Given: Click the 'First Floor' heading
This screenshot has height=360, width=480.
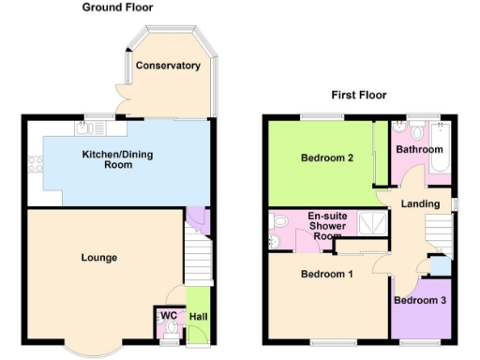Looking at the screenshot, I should [x=359, y=95].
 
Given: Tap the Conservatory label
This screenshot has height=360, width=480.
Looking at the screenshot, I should [x=168, y=66].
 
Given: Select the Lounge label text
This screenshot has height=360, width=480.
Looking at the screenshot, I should [x=98, y=257].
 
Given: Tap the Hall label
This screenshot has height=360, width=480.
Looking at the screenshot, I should [x=198, y=317].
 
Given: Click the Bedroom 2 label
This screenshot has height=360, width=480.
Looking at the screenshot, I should [x=326, y=157].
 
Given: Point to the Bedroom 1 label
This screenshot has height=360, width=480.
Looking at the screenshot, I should [x=326, y=275].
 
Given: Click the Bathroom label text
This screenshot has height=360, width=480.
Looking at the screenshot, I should [x=418, y=149].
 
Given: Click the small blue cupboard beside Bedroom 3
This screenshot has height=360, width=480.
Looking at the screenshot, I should [x=439, y=266].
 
